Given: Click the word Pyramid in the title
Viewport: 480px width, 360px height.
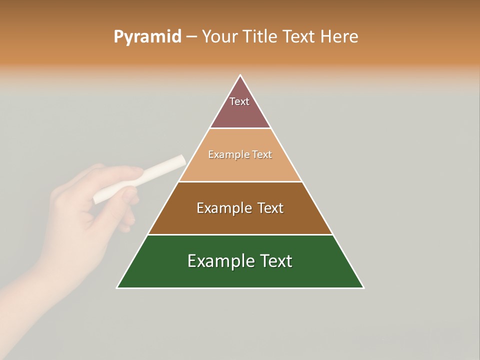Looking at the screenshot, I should [x=147, y=37].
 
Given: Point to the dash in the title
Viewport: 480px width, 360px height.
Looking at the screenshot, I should [x=191, y=37].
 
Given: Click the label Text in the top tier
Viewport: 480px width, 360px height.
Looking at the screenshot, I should [x=239, y=101].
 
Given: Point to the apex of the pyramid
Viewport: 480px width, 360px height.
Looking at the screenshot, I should [x=240, y=75].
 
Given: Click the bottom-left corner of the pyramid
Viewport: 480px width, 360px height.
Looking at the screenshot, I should [x=117, y=287].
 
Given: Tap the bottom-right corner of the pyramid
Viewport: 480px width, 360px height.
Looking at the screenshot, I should [x=363, y=287].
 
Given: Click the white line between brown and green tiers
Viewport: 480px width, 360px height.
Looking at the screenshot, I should [x=240, y=234].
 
